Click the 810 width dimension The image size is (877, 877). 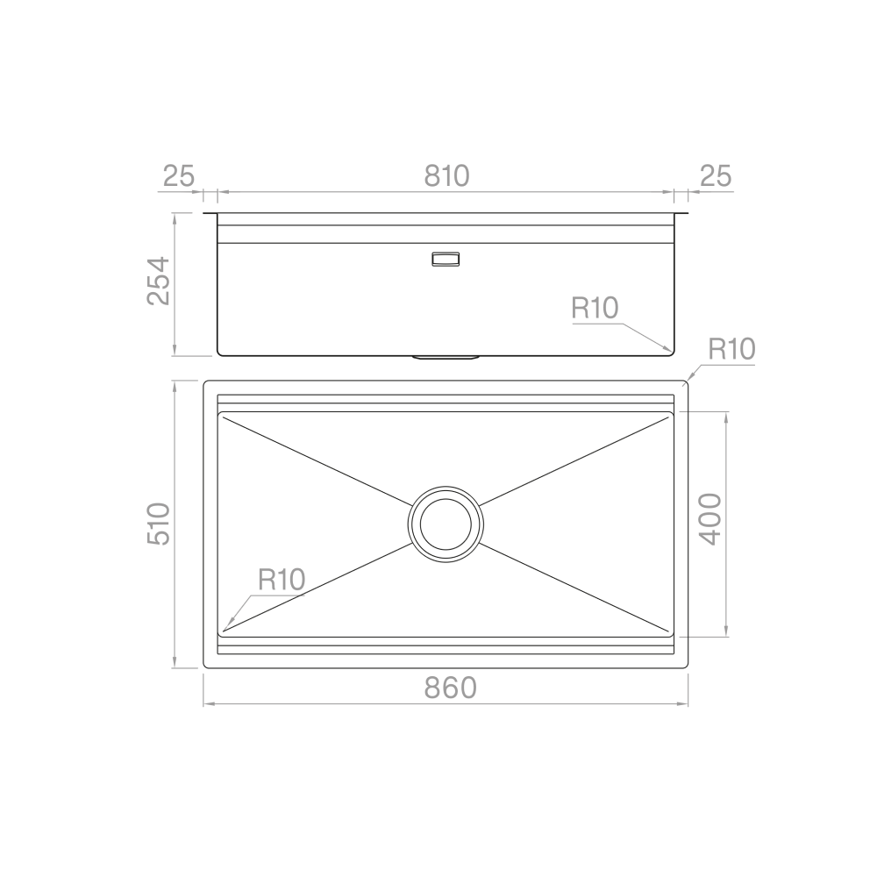(x=446, y=175)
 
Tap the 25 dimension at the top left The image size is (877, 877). (x=178, y=175)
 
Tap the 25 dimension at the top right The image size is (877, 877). (x=716, y=175)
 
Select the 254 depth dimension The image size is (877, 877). (x=158, y=281)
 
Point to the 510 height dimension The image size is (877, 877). (x=158, y=524)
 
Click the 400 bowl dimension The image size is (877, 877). (x=709, y=519)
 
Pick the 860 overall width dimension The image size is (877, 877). (x=450, y=688)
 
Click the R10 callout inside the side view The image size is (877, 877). (x=595, y=308)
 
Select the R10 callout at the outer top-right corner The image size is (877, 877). (x=731, y=350)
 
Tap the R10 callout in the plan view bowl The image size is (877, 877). (x=281, y=579)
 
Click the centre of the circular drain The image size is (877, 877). (x=446, y=524)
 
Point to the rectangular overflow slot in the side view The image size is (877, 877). (x=445, y=259)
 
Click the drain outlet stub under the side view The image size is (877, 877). (x=446, y=357)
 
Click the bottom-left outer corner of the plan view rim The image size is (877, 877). (x=205, y=667)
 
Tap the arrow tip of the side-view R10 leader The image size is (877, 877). (x=672, y=352)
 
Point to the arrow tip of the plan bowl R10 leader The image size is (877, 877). (x=225, y=629)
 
